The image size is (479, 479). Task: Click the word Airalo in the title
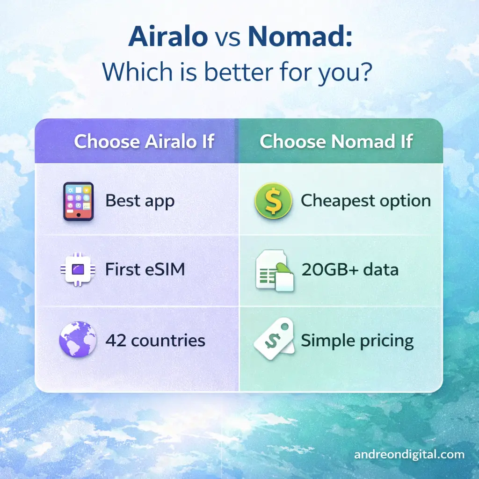[168, 36]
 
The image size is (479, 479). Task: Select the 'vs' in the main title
[228, 37]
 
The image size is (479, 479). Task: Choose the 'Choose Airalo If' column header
[144, 142]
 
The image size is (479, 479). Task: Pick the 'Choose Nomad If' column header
[336, 142]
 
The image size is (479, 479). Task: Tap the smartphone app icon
[78, 201]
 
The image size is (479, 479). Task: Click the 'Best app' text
[140, 201]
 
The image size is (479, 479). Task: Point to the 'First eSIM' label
[145, 270]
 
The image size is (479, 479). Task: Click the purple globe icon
[78, 339]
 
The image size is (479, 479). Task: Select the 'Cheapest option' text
[365, 201]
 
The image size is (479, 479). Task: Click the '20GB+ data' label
[350, 270]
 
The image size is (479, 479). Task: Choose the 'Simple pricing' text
[357, 341]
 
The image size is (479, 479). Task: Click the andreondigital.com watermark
[409, 454]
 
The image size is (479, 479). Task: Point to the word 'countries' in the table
[168, 340]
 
